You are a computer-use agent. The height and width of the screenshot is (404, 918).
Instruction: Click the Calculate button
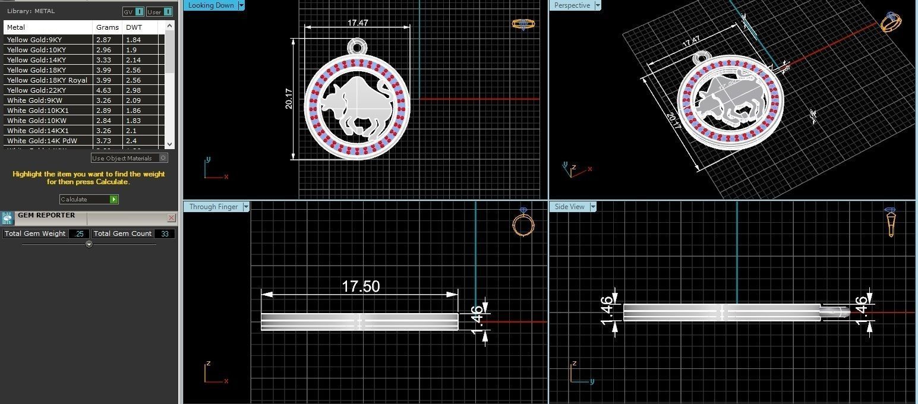[89, 200]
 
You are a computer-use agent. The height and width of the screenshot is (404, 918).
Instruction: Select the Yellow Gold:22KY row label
[36, 90]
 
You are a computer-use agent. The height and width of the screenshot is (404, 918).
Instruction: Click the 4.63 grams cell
[104, 90]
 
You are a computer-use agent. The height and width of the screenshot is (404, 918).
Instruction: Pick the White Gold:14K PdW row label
[42, 141]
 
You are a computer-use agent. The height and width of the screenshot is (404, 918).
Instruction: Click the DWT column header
[134, 27]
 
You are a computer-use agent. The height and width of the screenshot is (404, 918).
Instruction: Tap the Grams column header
[108, 27]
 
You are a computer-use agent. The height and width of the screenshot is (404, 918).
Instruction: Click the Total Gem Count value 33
[165, 234]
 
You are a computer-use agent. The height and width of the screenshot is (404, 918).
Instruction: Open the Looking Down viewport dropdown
[241, 5]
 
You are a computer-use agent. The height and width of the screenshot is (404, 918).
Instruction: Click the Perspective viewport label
[572, 5]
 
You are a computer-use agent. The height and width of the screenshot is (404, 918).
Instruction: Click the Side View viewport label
[569, 207]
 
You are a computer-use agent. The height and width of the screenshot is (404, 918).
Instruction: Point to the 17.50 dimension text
[361, 286]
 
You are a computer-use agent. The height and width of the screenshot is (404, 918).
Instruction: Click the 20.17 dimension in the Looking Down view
[289, 99]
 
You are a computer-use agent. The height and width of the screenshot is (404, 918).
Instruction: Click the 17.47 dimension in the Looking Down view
[358, 23]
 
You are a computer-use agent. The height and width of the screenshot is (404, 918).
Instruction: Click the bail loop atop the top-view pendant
[357, 46]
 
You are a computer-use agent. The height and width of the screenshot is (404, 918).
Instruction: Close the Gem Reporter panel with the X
[172, 218]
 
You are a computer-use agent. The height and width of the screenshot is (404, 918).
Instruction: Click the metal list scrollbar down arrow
[170, 144]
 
